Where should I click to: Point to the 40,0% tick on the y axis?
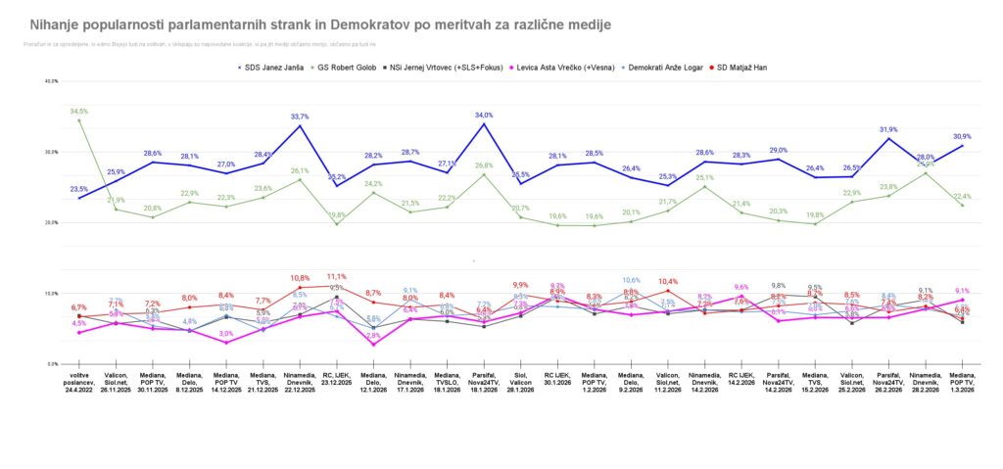(x=52, y=81)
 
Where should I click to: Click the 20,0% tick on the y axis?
(x=52, y=222)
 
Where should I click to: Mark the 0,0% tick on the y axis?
(x=53, y=363)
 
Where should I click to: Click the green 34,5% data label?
(x=79, y=112)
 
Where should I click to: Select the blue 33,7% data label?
(x=301, y=117)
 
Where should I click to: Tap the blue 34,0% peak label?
(x=484, y=116)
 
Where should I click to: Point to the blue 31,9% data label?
(x=888, y=129)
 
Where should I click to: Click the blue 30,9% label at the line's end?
(x=962, y=136)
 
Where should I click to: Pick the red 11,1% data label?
(x=337, y=276)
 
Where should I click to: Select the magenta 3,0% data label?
(x=225, y=334)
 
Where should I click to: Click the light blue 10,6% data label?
(x=632, y=280)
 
